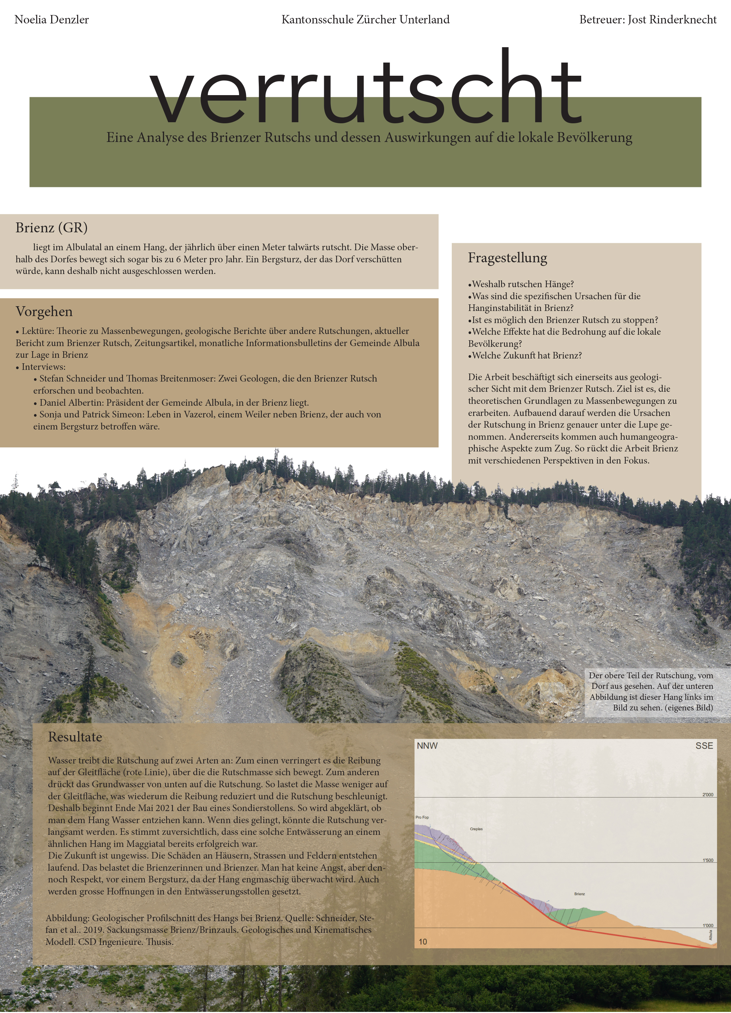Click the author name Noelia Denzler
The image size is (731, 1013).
point(52,20)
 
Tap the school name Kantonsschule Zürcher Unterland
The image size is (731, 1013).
point(365,20)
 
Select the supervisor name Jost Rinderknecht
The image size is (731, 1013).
point(672,20)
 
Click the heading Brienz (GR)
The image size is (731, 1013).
point(51,228)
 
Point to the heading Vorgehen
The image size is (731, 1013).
point(44,311)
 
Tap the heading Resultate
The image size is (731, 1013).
point(75,737)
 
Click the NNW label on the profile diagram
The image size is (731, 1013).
point(427,746)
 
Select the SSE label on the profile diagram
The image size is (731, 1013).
point(704,746)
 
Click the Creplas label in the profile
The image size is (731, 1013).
point(476,829)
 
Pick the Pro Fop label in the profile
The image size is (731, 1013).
point(422,817)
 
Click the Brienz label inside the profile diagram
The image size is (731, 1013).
point(579,894)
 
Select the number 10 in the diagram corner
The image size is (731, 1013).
point(423,942)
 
